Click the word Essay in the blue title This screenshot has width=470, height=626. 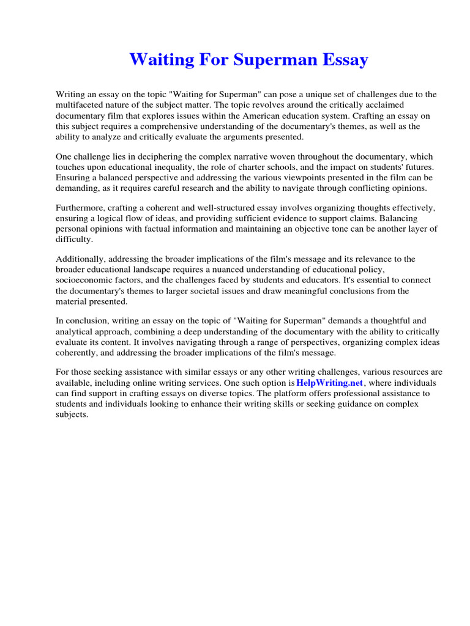pos(345,60)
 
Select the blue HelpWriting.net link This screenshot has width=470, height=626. pos(329,382)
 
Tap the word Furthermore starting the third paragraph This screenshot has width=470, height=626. pos(83,208)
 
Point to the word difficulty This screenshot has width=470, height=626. pos(73,239)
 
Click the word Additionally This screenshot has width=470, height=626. pos(83,259)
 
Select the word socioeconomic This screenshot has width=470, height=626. pos(84,280)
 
